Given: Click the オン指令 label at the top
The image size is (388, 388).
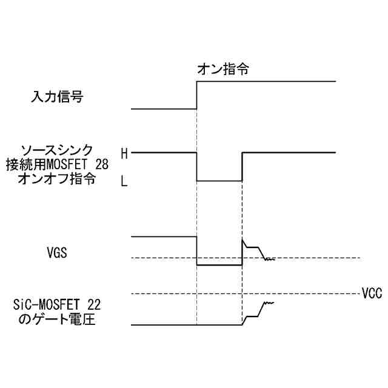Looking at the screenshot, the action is [224, 70].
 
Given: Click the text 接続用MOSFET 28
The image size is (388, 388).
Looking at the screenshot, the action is [57, 164].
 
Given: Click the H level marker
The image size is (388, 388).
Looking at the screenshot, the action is [124, 153].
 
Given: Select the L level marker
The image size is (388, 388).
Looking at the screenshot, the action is [124, 181].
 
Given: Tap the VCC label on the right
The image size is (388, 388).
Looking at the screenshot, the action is [371, 294].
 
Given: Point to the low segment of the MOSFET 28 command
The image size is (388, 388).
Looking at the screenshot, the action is [219, 181].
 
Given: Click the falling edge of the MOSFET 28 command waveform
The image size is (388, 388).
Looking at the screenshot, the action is [197, 167].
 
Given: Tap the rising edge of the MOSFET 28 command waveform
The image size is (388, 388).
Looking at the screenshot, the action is [242, 167].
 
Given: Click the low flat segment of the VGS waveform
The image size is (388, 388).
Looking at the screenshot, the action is [219, 266].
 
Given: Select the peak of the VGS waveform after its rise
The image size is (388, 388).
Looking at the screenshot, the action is [242, 240].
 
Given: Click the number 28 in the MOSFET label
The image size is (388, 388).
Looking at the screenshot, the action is [102, 164].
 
